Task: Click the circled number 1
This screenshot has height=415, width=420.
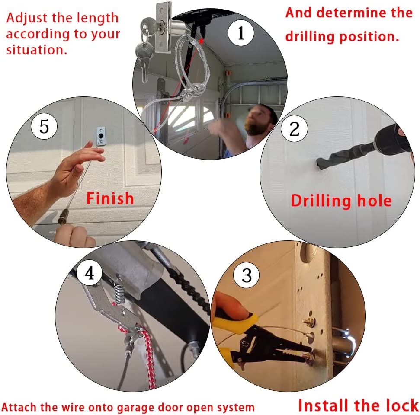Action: click(x=241, y=33)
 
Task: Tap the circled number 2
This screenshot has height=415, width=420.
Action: click(x=294, y=129)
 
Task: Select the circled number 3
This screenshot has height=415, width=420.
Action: click(x=247, y=275)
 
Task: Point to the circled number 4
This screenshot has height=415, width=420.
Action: click(x=90, y=273)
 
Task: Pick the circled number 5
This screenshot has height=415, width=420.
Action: click(x=44, y=126)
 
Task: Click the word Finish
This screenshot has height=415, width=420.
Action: click(x=110, y=198)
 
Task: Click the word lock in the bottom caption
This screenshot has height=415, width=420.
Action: click(x=401, y=405)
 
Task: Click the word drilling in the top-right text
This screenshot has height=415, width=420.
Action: click(x=310, y=37)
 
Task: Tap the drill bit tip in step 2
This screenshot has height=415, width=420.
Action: click(x=319, y=163)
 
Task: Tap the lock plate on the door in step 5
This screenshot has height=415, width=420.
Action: click(x=101, y=136)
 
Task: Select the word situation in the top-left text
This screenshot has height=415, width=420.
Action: click(x=36, y=50)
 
